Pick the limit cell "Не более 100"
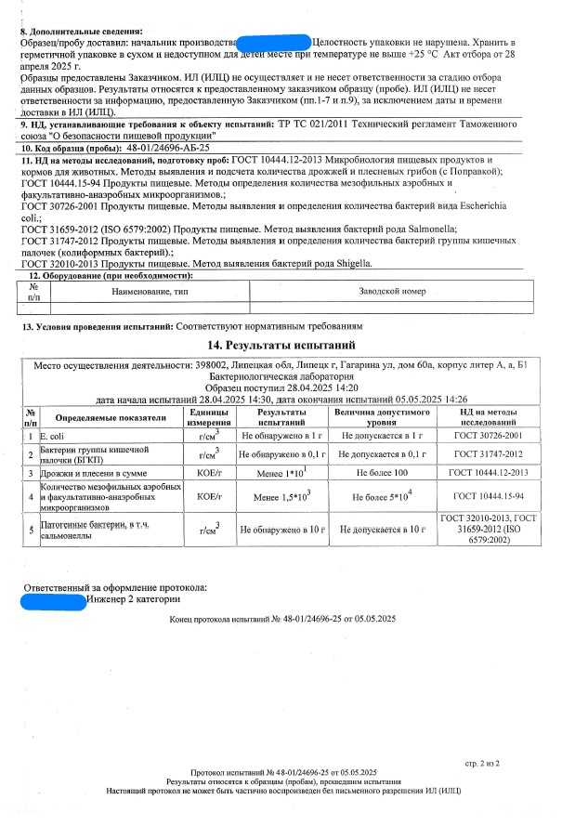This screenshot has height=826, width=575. [x=382, y=473]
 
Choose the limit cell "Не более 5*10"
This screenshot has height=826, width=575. [x=382, y=498]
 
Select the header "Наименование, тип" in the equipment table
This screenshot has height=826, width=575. [x=150, y=291]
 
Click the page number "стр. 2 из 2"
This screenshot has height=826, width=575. [x=482, y=763]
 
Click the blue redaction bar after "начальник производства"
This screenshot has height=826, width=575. [x=273, y=43]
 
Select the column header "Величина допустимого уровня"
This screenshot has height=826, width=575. [x=382, y=416]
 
